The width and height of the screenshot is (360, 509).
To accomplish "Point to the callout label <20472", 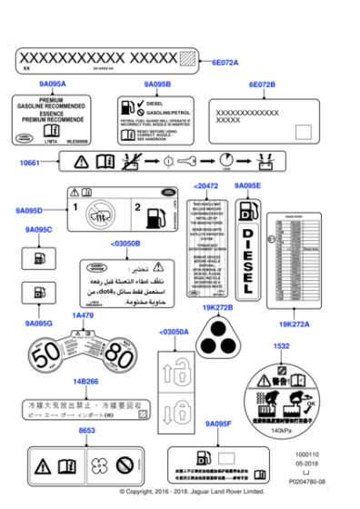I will pyautogui.click(x=205, y=185).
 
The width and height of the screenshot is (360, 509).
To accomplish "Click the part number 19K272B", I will pyautogui.click(x=218, y=308).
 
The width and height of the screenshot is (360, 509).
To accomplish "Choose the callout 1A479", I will pyautogui.click(x=83, y=315).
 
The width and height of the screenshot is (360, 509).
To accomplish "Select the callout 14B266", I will pyautogui.click(x=85, y=383).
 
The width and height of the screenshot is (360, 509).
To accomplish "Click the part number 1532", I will pyautogui.click(x=282, y=346).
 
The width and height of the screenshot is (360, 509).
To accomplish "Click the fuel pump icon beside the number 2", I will pyautogui.click(x=156, y=215).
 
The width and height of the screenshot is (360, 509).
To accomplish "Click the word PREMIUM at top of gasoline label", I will pyautogui.click(x=51, y=100).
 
